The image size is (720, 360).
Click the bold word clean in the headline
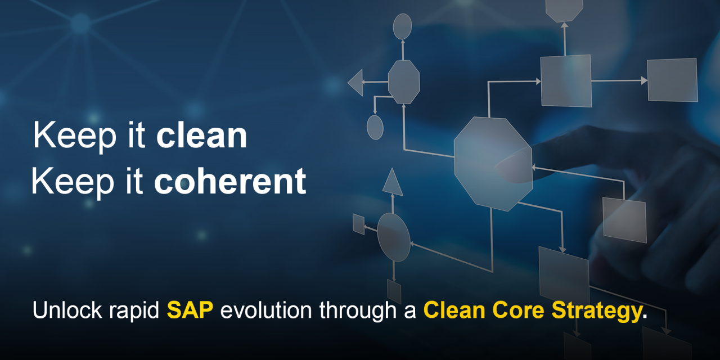(201, 136)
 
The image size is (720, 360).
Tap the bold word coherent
(230, 181)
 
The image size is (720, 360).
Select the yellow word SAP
(190, 310)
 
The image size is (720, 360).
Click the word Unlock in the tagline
(67, 310)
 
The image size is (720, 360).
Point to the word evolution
(266, 310)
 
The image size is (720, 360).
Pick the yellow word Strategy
(597, 312)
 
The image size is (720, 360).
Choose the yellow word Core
(518, 310)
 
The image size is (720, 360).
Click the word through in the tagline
(357, 312)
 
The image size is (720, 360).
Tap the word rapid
(134, 312)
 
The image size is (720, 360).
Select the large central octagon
(493, 164)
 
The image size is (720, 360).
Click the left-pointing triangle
(355, 82)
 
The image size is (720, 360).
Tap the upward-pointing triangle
(393, 182)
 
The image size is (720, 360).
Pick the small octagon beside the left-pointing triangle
(404, 82)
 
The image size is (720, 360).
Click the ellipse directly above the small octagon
(402, 26)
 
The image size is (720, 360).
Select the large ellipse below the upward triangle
(394, 237)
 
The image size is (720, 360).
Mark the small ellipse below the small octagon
(375, 127)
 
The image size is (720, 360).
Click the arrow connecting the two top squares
(619, 80)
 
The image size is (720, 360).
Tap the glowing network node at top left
(80, 24)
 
